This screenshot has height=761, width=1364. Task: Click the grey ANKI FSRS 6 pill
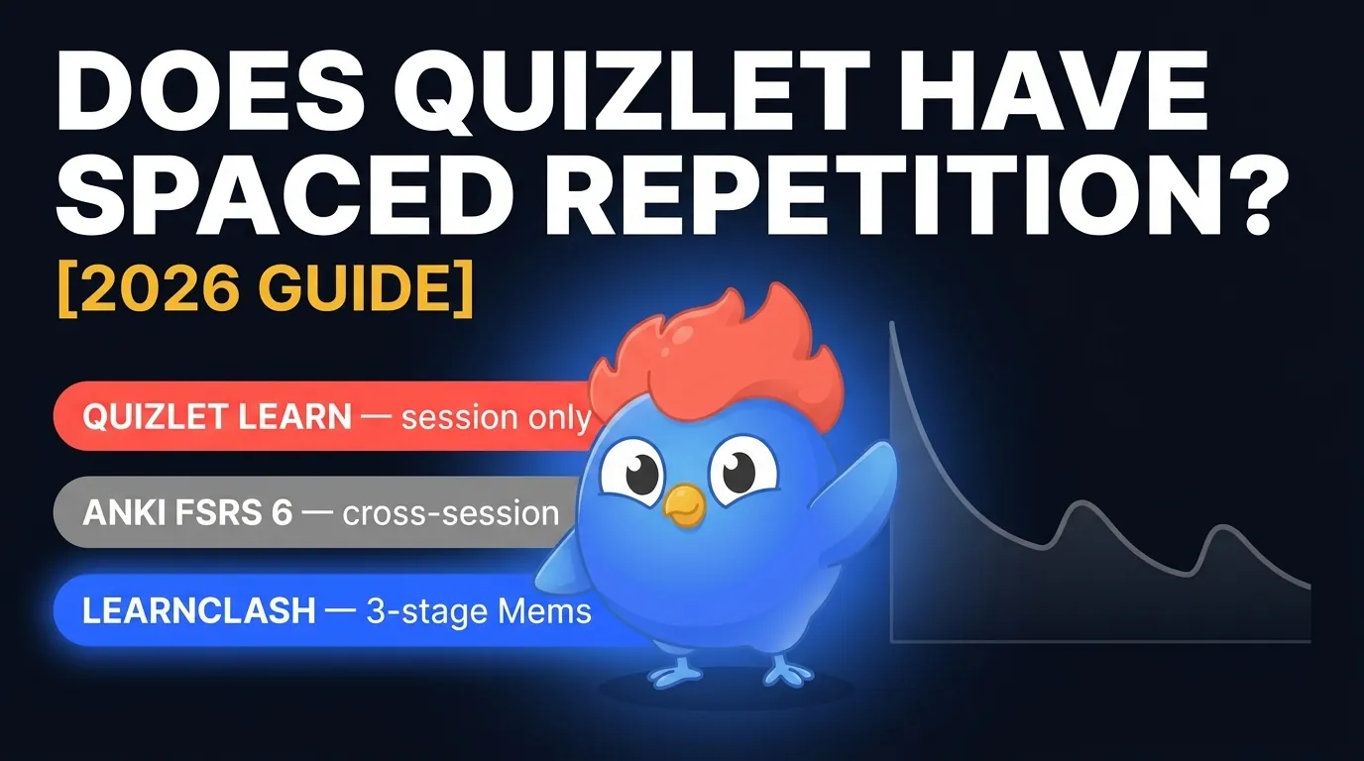tap(307, 513)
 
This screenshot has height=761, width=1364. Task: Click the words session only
tap(496, 417)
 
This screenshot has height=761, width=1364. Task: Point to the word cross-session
tap(451, 513)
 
